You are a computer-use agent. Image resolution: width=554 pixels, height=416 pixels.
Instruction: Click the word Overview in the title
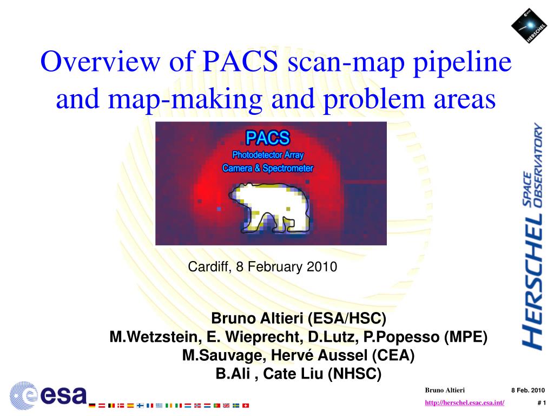[100, 61]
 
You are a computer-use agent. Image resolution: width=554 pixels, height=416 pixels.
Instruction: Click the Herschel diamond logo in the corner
[529, 26]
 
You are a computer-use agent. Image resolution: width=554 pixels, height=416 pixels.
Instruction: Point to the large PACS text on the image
[268, 138]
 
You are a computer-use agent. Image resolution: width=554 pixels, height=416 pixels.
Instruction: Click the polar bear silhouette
[270, 207]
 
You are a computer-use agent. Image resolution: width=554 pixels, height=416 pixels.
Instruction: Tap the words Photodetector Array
[268, 155]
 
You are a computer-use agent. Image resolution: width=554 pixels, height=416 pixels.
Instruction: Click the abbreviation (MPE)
[466, 337]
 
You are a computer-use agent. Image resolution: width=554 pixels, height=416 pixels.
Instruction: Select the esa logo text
[64, 395]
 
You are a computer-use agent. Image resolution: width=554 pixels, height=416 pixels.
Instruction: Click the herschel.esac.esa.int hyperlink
[464, 402]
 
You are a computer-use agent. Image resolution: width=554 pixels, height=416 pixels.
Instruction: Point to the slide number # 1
[542, 402]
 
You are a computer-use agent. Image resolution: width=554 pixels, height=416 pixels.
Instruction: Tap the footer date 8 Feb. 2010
[528, 390]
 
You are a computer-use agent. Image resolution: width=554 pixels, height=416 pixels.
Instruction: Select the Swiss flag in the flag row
[246, 405]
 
